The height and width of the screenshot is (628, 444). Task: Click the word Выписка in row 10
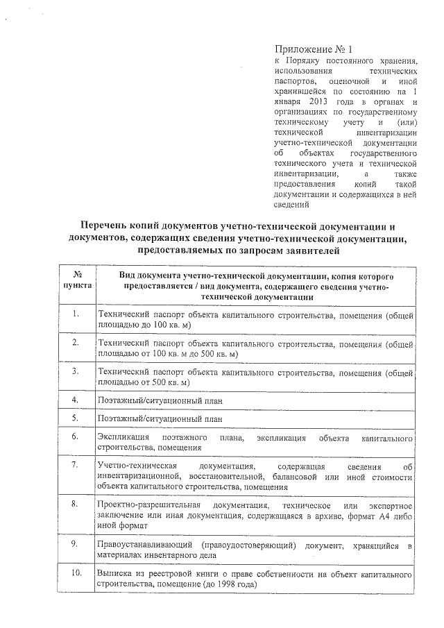(x=115, y=575)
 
